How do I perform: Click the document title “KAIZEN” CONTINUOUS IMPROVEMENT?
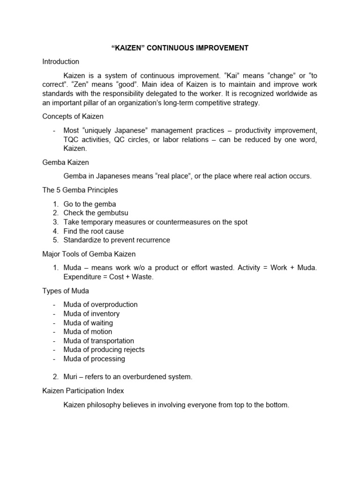[x=180, y=48]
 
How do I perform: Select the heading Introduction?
[x=60, y=61]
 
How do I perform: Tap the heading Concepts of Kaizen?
[x=73, y=116]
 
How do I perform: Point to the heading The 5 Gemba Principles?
[x=80, y=190]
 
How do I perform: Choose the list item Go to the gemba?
[x=90, y=204]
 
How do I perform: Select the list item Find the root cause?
[x=94, y=231]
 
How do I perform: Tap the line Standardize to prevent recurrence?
[x=117, y=240]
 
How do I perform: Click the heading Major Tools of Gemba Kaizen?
[x=89, y=254]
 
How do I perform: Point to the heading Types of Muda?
[x=66, y=291]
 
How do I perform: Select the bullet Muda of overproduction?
[x=100, y=304]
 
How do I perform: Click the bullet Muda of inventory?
[x=91, y=313]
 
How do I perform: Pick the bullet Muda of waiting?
[x=88, y=322]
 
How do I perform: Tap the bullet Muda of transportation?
[x=98, y=340]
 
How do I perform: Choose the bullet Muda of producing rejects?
[x=104, y=349]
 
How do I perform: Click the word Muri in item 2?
[x=71, y=377]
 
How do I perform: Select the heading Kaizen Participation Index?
[x=83, y=390]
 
